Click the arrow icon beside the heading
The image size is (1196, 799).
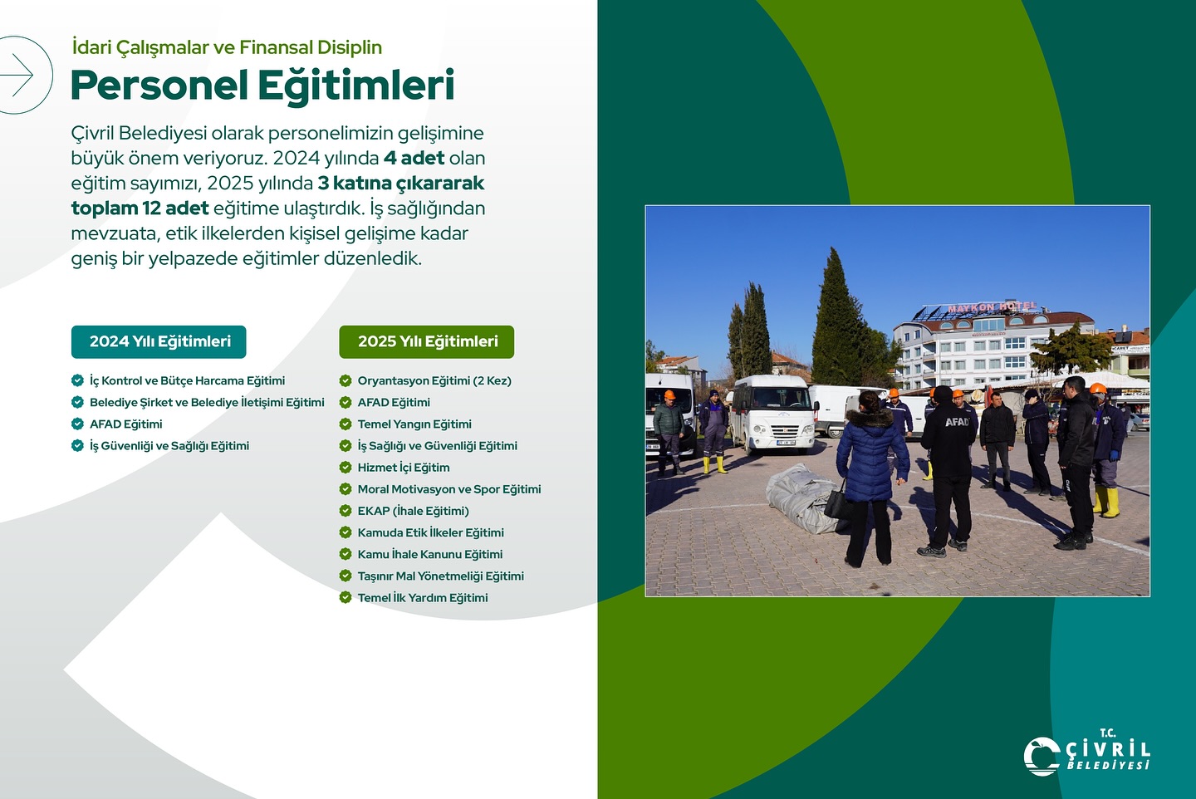pyautogui.click(x=18, y=76)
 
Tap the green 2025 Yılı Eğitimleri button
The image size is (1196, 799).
pyautogui.click(x=427, y=341)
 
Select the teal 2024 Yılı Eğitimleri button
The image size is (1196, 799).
pyautogui.click(x=159, y=341)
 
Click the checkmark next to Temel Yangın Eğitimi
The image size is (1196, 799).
pyautogui.click(x=346, y=424)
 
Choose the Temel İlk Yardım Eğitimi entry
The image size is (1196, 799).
pyautogui.click(x=422, y=598)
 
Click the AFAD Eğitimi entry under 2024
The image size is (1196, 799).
pyautogui.click(x=125, y=424)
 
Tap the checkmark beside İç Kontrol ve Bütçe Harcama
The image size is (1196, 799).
pyautogui.click(x=77, y=381)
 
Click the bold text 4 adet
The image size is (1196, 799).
pyautogui.click(x=414, y=158)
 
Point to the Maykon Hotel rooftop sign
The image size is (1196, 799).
pyautogui.click(x=993, y=307)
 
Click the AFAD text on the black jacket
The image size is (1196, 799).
pyautogui.click(x=957, y=422)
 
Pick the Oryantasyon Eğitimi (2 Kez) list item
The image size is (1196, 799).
pyautogui.click(x=434, y=381)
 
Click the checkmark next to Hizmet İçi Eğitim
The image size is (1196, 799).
pyautogui.click(x=346, y=468)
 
